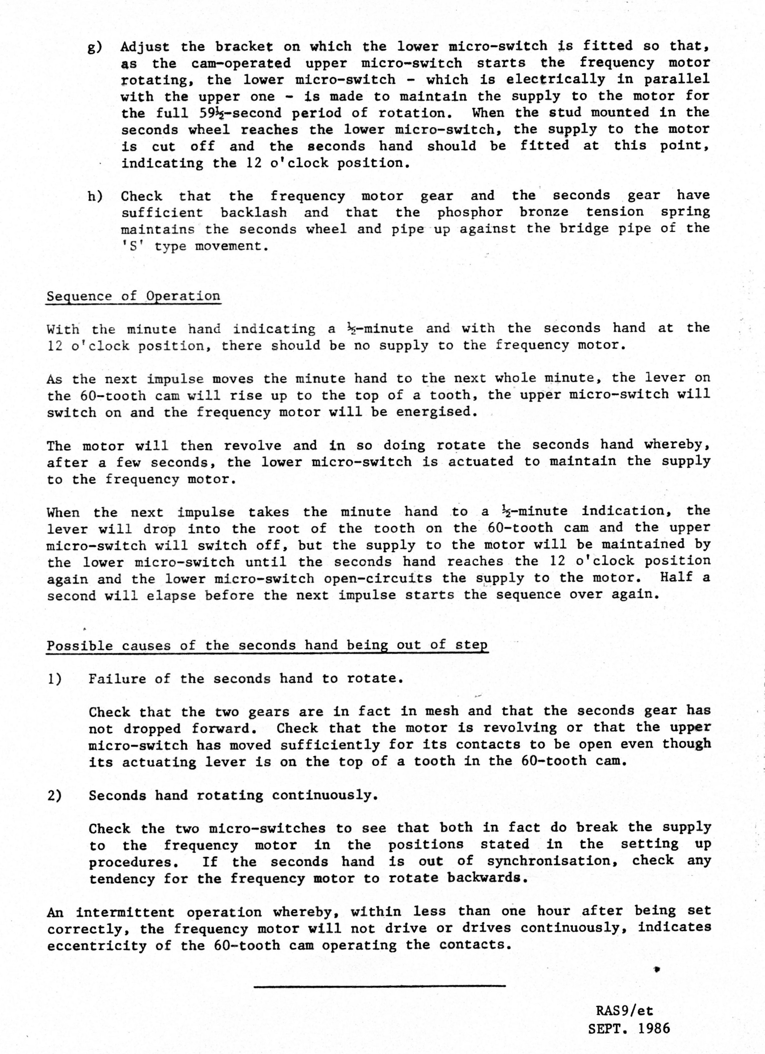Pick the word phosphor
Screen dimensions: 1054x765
[470, 212]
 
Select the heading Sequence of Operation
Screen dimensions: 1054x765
[133, 297]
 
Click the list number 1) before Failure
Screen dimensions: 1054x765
[55, 679]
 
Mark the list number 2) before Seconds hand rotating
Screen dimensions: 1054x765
[55, 796]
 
